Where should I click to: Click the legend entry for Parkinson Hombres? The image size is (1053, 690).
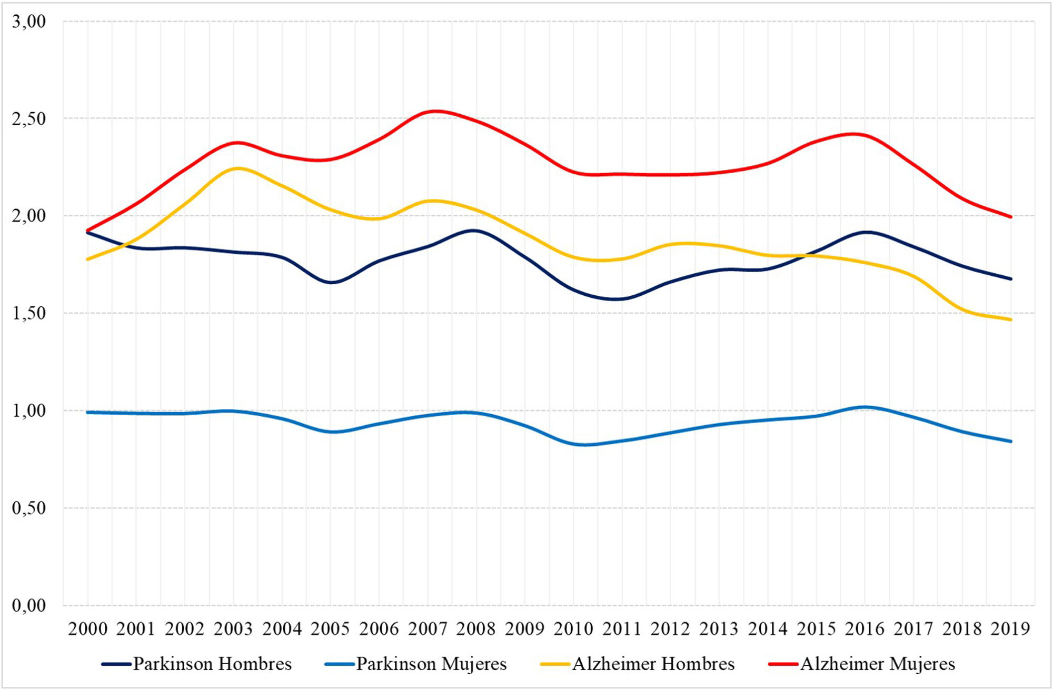tap(197, 664)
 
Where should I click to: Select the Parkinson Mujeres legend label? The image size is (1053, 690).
tap(416, 664)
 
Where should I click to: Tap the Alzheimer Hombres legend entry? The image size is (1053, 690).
tap(638, 664)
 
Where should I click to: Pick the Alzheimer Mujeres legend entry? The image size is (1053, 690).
tap(862, 664)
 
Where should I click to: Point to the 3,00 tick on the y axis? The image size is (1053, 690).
tap(29, 22)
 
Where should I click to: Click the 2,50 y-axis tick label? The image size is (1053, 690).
tap(29, 119)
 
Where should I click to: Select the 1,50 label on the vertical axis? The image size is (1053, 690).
tap(29, 314)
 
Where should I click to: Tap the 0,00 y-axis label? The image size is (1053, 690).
tap(29, 606)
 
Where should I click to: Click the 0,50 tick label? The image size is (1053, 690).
tap(29, 508)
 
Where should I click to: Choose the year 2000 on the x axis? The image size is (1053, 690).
tap(87, 629)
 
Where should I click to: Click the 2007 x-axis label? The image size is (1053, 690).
tap(428, 629)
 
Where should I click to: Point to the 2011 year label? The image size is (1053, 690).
tap(622, 629)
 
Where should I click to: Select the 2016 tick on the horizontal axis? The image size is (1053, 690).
tap(865, 629)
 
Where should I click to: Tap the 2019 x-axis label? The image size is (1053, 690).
tap(1010, 629)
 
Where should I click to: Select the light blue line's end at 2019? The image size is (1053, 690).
tap(1011, 442)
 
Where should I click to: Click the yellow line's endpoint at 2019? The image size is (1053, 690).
tap(1011, 319)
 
